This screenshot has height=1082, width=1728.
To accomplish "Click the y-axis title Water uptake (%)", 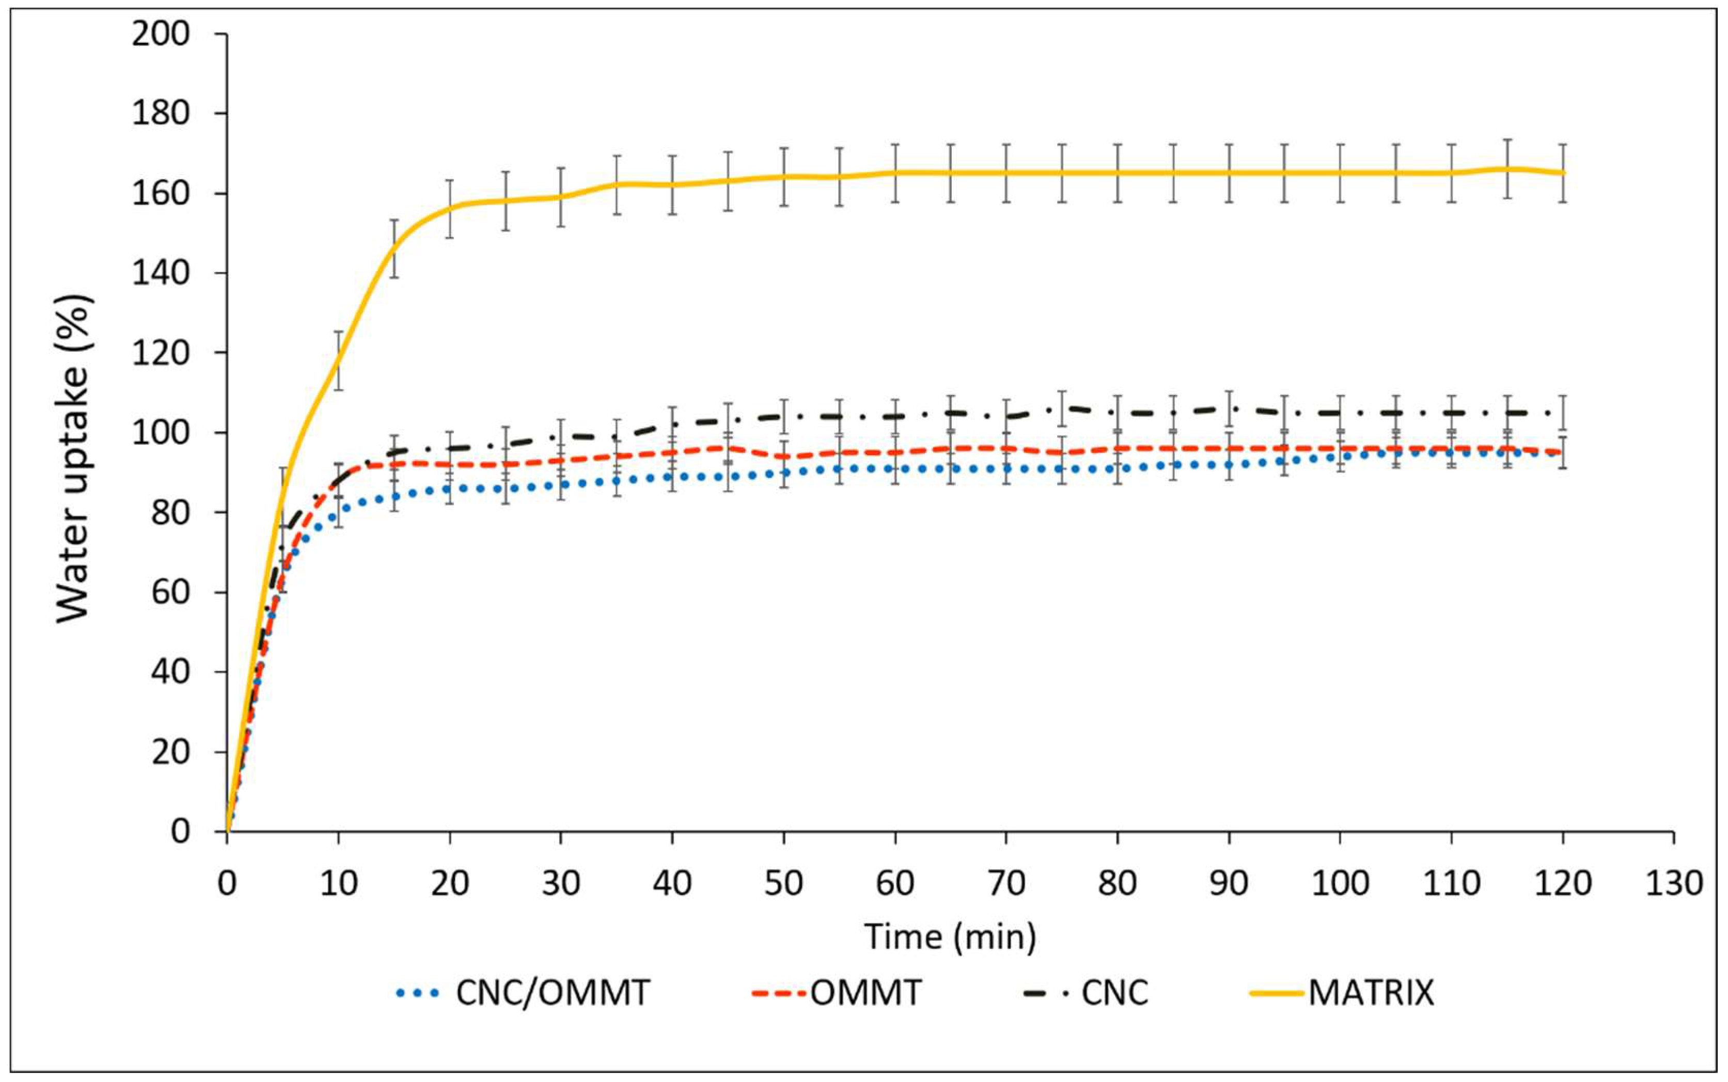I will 74,458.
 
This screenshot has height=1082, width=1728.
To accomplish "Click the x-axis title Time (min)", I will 950,936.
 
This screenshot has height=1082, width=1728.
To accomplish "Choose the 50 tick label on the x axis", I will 783,883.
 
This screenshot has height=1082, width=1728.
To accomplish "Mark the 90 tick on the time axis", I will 1229,883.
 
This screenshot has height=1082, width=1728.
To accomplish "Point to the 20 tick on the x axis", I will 449,883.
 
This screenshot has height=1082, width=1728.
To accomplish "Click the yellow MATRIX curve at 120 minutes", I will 1563,173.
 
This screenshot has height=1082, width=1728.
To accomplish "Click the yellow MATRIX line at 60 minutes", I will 895,173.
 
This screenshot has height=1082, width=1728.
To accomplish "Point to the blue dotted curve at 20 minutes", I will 449,489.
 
